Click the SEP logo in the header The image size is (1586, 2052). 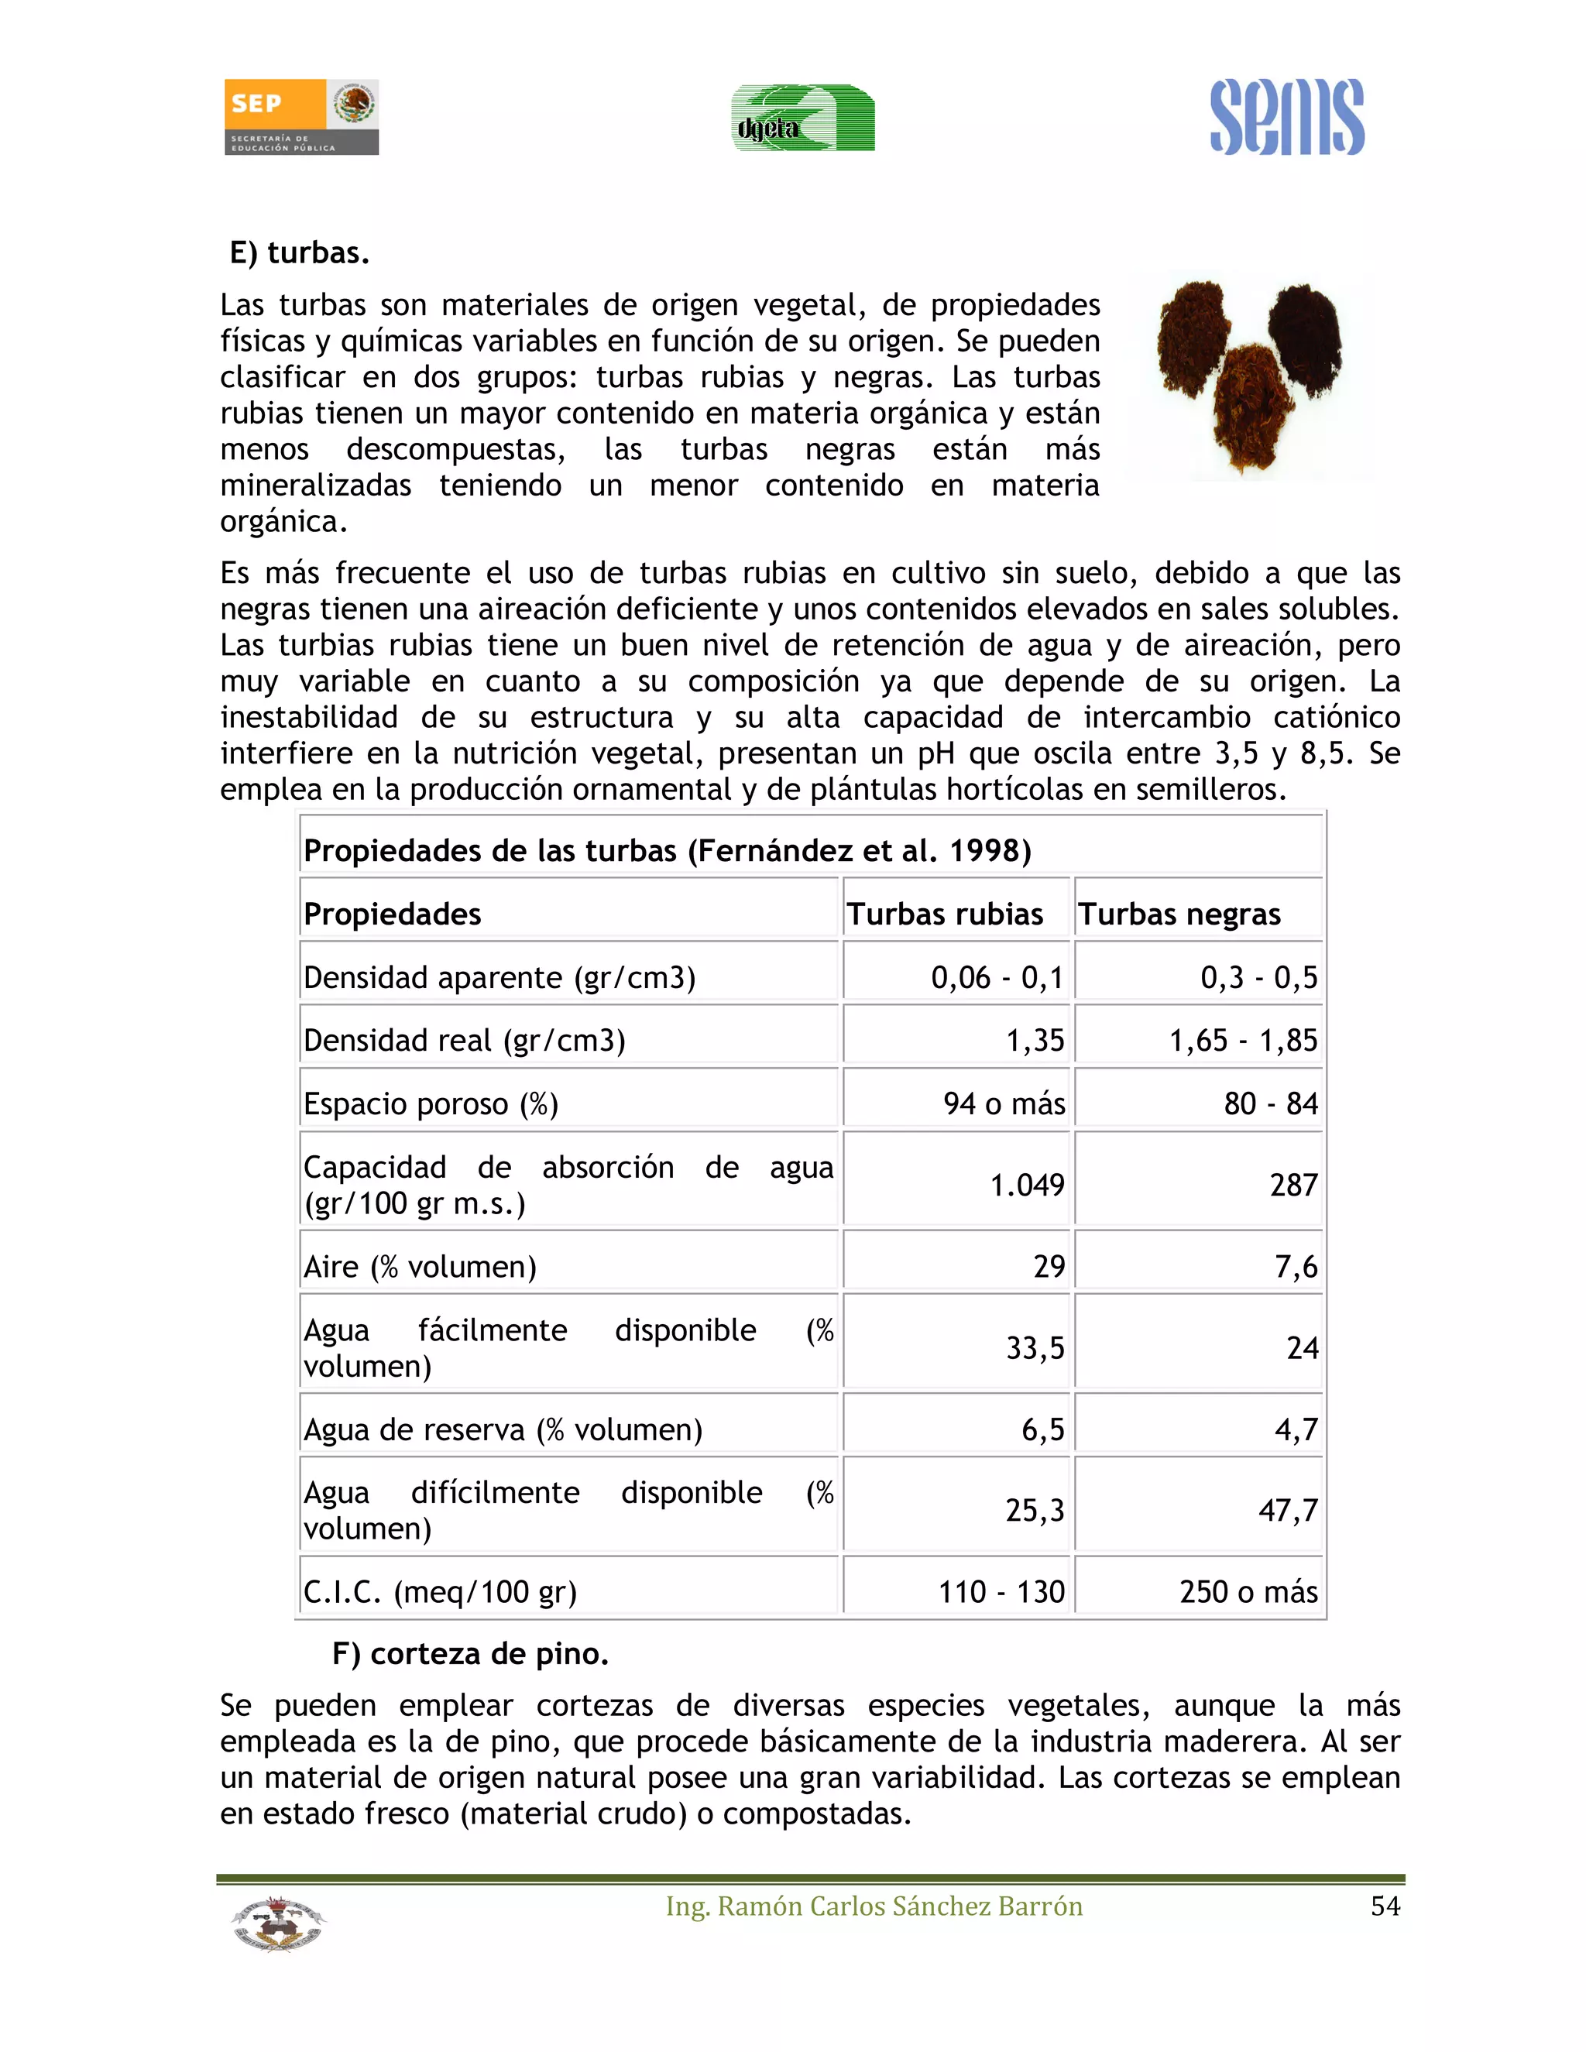point(300,116)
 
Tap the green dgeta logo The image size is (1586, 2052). point(802,118)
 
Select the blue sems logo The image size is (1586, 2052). point(1286,118)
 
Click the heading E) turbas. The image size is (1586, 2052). point(300,252)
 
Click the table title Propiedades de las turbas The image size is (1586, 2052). point(667,850)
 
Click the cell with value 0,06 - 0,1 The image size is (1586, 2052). point(997,977)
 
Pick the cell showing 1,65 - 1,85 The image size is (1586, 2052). point(1242,1040)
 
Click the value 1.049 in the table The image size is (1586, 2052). point(1027,1185)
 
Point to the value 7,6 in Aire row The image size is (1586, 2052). point(1296,1267)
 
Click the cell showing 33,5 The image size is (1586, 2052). point(1035,1348)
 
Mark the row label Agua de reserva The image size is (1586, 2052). point(503,1429)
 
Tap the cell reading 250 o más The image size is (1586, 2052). point(1248,1591)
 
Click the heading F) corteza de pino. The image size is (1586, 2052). point(470,1654)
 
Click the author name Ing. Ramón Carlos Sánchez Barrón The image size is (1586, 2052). point(874,1906)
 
